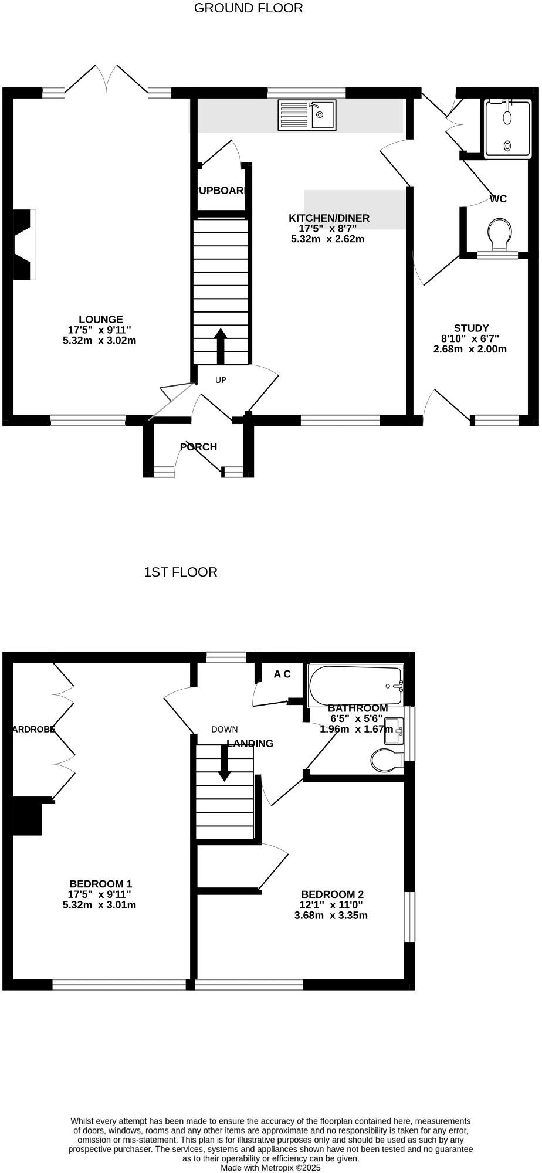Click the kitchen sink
coord(308,114)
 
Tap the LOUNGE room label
coord(101,320)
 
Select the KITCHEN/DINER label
coord(328,218)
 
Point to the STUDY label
coord(471,328)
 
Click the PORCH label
coord(198,447)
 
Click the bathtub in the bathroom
coord(355,685)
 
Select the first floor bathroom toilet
coord(386,761)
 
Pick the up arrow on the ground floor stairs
coord(221,345)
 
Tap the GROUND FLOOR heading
coord(248,8)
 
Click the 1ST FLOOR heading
coord(180,572)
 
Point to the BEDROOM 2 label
coord(332,894)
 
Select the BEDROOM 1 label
coord(100,884)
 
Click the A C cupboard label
coord(282,674)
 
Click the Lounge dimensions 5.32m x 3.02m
coord(99,340)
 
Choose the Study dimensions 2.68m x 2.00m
coord(469,349)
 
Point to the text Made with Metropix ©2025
coord(270,1168)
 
